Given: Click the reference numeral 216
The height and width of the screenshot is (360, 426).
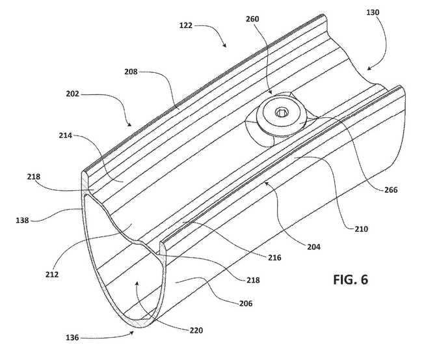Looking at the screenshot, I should [274, 258].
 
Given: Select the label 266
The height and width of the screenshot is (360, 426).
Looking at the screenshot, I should [391, 190].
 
